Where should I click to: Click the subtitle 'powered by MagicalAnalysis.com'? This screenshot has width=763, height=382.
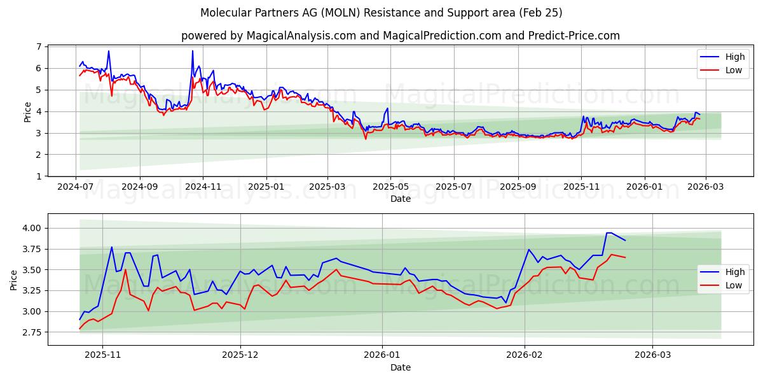point(267,36)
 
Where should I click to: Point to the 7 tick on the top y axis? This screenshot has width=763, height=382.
point(39,47)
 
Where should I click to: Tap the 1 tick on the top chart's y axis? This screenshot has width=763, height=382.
point(39,176)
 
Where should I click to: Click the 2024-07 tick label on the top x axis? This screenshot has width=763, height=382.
point(76,188)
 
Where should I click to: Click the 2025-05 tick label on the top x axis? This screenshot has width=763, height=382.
point(390,188)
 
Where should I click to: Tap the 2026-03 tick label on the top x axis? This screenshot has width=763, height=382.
point(705,188)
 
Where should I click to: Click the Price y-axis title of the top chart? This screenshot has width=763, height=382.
point(27,111)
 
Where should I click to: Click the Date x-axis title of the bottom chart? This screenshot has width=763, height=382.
point(401,367)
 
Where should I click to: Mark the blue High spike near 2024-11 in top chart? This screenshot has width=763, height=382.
point(193,51)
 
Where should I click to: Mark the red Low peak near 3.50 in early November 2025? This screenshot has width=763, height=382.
point(125,269)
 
